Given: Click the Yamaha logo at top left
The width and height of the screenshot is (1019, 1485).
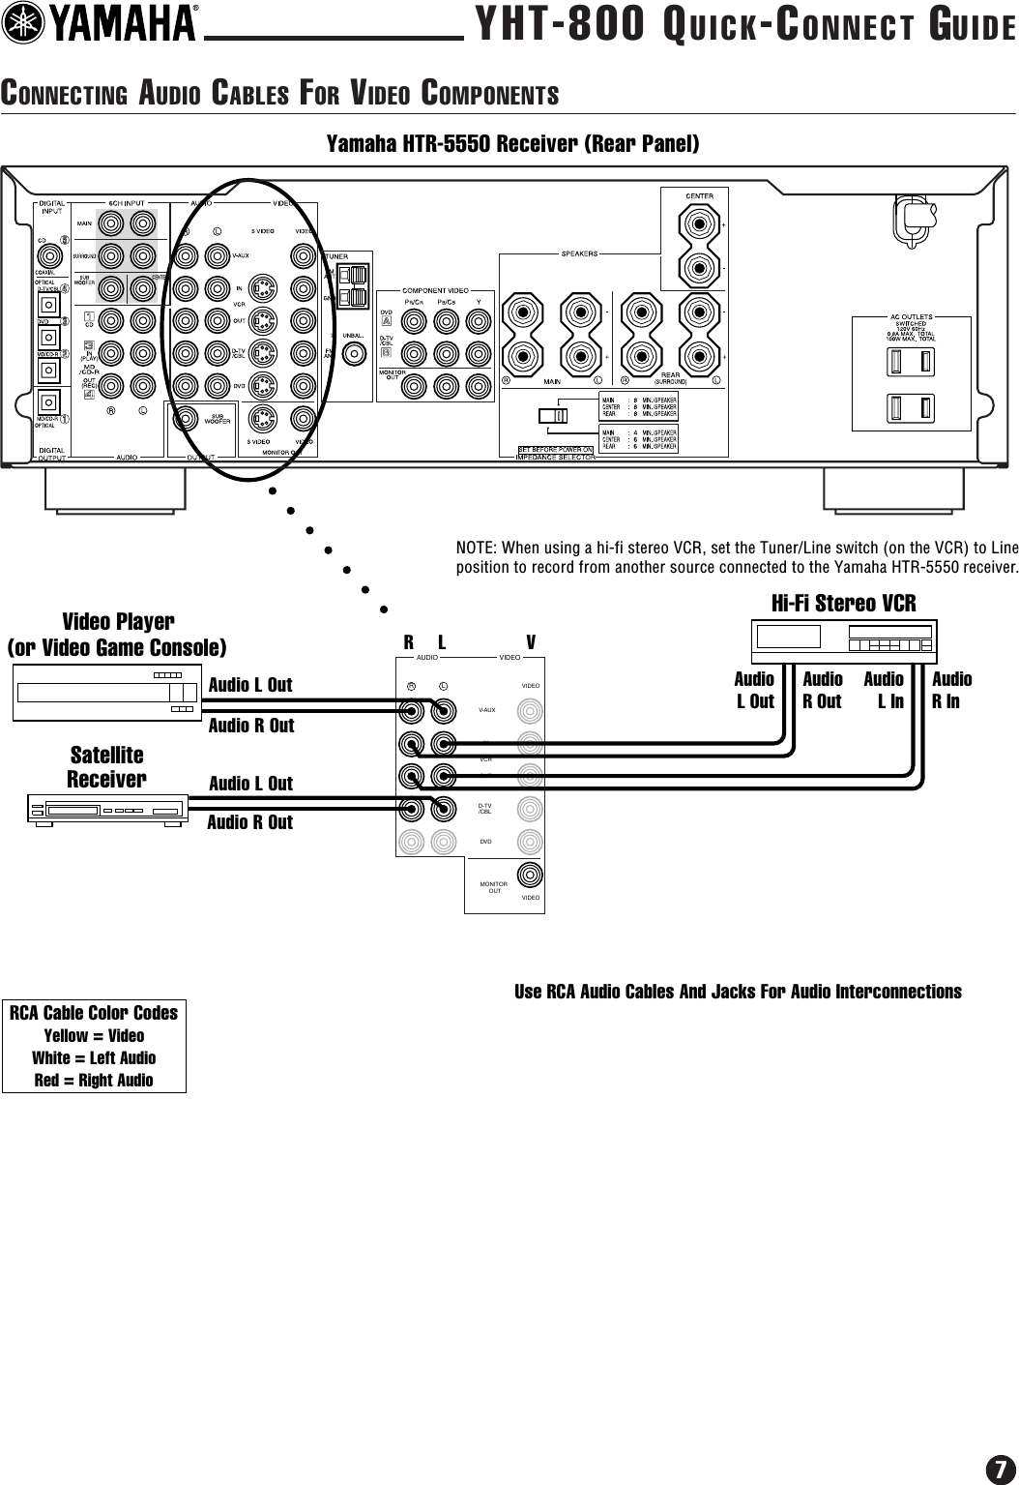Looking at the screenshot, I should pyautogui.click(x=103, y=25).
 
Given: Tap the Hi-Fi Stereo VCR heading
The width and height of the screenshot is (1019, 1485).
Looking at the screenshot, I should pyautogui.click(x=843, y=604).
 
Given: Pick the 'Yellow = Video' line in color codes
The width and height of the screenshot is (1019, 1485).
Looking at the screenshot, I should pyautogui.click(x=94, y=1035).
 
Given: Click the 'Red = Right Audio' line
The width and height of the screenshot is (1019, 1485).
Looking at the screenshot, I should pyautogui.click(x=94, y=1080).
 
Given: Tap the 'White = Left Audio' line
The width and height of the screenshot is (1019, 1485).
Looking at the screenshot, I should pyautogui.click(x=94, y=1057).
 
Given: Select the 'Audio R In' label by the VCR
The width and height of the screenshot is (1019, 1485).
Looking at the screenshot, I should pyautogui.click(x=951, y=690).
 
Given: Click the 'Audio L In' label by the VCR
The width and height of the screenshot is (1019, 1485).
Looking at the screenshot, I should pyautogui.click(x=885, y=690).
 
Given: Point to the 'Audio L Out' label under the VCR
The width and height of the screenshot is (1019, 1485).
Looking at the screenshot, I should pyautogui.click(x=755, y=690).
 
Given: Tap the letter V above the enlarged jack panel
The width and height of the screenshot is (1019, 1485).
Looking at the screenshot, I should pyautogui.click(x=531, y=642).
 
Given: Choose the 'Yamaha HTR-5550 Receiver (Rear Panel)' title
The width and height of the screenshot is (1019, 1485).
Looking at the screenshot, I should pyautogui.click(x=512, y=145).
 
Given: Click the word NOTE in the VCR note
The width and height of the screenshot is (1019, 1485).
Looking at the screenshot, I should pyautogui.click(x=474, y=548).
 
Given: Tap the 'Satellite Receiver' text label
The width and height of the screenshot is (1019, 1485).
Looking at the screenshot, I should pyautogui.click(x=106, y=766).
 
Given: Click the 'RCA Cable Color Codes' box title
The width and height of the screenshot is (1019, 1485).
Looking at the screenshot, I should pyautogui.click(x=94, y=1013).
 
